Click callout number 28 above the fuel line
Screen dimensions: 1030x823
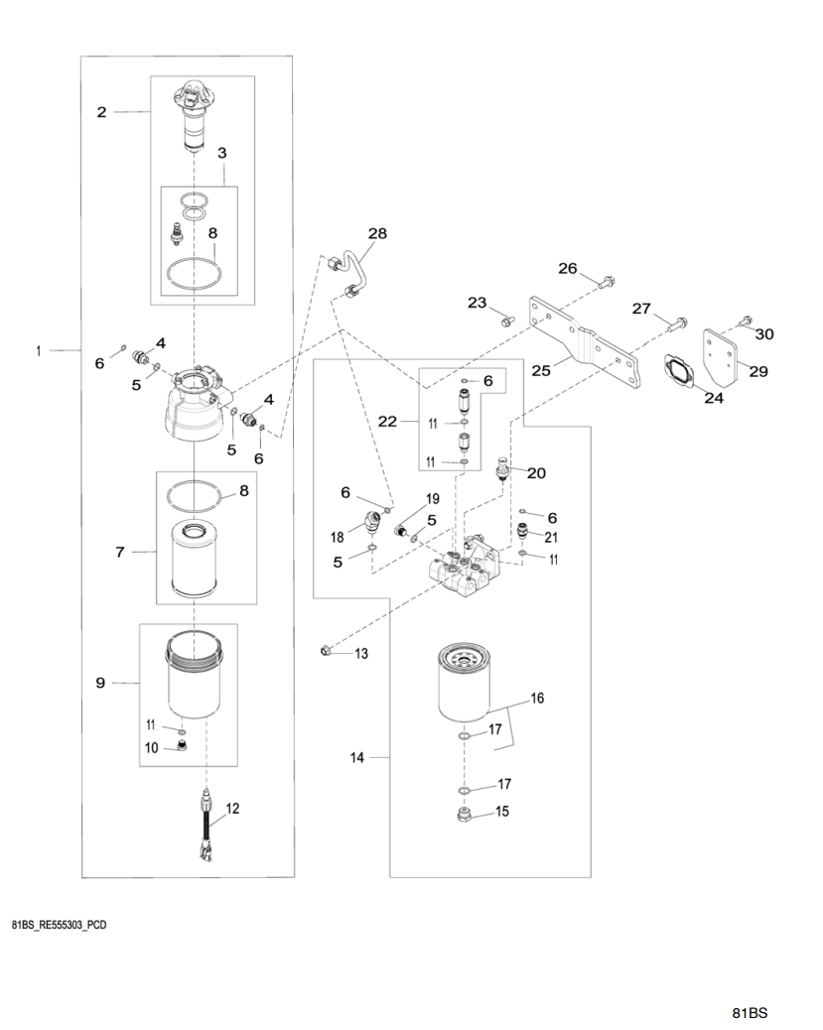pyautogui.click(x=377, y=234)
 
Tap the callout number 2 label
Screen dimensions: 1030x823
pyautogui.click(x=101, y=113)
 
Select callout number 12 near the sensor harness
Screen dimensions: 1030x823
pyautogui.click(x=232, y=809)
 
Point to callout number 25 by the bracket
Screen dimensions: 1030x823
pyautogui.click(x=540, y=370)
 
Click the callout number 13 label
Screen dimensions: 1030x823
pyautogui.click(x=360, y=653)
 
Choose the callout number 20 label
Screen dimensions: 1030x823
pyautogui.click(x=536, y=473)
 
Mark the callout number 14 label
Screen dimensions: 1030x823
pyautogui.click(x=357, y=758)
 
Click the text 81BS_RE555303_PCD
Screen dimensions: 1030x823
pyautogui.click(x=60, y=925)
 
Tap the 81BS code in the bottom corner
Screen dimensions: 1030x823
pyautogui.click(x=750, y=1013)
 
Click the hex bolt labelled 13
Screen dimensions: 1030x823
pyautogui.click(x=325, y=651)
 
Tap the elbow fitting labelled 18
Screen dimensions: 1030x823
pyautogui.click(x=375, y=521)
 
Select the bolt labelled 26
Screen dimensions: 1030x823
pyautogui.click(x=604, y=285)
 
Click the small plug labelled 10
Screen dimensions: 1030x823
pyautogui.click(x=182, y=746)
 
